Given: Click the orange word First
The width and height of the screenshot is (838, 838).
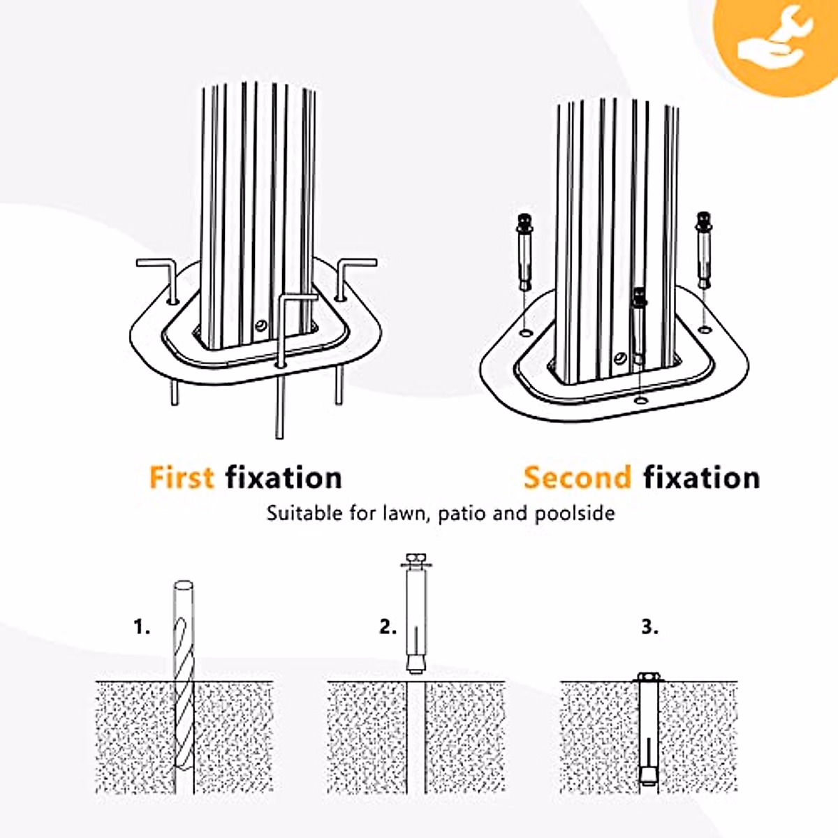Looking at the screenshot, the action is [x=181, y=478].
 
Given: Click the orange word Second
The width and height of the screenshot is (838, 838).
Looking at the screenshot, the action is [x=578, y=478].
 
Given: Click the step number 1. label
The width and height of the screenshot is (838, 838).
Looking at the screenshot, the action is [x=142, y=626].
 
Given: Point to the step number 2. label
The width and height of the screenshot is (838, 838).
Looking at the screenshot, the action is [x=388, y=626].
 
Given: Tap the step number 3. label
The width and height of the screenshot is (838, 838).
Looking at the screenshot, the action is [x=649, y=626].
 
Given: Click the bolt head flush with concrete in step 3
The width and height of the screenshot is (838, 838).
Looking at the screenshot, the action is [x=649, y=677].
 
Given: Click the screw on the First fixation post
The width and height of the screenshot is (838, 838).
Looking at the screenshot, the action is [x=260, y=326].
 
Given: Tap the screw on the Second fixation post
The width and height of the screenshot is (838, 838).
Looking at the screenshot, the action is [x=618, y=359].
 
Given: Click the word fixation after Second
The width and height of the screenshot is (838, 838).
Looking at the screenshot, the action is [x=701, y=478].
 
